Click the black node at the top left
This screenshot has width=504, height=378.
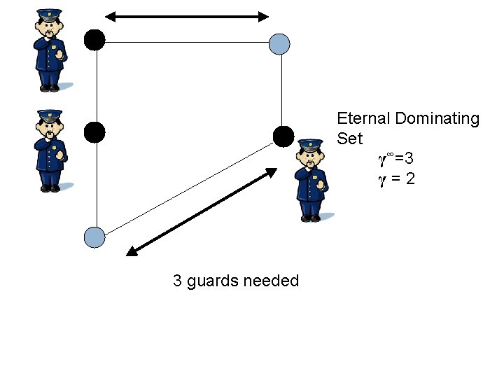[x=94, y=40]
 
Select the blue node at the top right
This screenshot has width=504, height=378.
[x=279, y=44]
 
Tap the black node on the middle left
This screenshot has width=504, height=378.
[x=94, y=132]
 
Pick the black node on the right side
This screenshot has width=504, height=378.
[x=283, y=136]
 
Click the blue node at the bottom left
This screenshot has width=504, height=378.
[x=94, y=237]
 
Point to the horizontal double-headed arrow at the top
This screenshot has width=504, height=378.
[x=187, y=16]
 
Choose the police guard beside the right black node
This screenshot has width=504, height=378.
[x=310, y=180]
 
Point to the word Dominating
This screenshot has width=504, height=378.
[x=437, y=118]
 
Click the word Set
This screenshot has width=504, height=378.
[x=349, y=139]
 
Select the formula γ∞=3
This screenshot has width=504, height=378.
[x=400, y=160]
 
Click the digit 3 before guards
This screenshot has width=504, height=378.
[x=178, y=281]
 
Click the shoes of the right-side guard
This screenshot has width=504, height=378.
[x=311, y=218]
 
